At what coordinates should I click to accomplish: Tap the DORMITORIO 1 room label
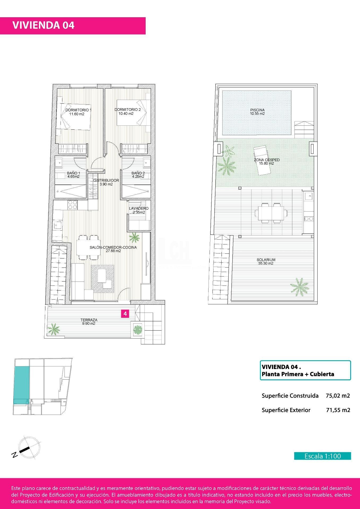click(78, 112)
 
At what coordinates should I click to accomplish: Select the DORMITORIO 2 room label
click(127, 112)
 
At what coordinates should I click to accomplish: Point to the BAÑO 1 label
click(70, 175)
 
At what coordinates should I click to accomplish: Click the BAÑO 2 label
click(138, 175)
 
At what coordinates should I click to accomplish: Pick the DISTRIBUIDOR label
click(106, 182)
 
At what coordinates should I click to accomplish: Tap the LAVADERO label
click(139, 210)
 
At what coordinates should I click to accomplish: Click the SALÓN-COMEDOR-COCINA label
click(113, 249)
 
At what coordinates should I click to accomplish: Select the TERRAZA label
click(89, 322)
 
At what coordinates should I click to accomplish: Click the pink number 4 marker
click(125, 314)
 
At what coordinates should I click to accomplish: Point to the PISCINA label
click(257, 112)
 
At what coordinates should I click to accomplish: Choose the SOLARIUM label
click(266, 262)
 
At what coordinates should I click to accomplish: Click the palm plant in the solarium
click(300, 285)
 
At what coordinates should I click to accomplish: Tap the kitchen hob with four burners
click(73, 205)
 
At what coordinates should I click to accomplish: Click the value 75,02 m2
click(338, 396)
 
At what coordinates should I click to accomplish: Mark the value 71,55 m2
click(338, 410)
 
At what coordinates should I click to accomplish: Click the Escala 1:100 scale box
click(322, 456)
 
